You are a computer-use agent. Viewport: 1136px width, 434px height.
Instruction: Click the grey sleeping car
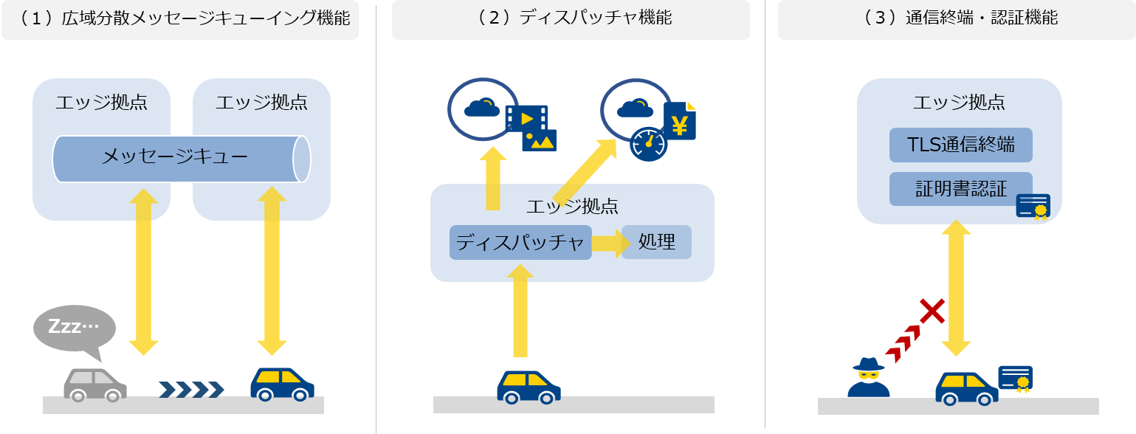[94, 385]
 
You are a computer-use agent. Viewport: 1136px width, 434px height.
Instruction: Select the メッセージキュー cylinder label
[174, 156]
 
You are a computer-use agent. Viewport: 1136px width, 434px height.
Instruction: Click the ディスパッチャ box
[520, 242]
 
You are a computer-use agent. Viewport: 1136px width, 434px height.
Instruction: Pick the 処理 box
[657, 242]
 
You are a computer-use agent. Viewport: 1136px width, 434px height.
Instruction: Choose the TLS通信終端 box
[960, 145]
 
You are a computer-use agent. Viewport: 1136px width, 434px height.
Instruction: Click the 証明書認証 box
[960, 189]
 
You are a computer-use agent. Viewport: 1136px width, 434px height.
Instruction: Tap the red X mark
[932, 311]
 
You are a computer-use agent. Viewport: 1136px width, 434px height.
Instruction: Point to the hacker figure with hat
[868, 377]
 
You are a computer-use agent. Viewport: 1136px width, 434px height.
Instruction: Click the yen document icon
[680, 120]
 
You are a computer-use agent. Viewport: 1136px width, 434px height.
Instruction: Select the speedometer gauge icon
[648, 144]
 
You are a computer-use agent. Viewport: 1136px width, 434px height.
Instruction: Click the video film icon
[527, 119]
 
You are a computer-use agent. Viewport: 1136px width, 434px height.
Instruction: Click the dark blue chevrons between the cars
[191, 390]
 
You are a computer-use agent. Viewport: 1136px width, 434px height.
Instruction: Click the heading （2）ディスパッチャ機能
[571, 18]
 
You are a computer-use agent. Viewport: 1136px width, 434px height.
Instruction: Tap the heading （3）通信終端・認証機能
[957, 18]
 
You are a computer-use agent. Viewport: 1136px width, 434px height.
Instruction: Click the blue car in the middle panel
[529, 387]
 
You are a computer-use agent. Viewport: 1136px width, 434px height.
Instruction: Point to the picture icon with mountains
[540, 140]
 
